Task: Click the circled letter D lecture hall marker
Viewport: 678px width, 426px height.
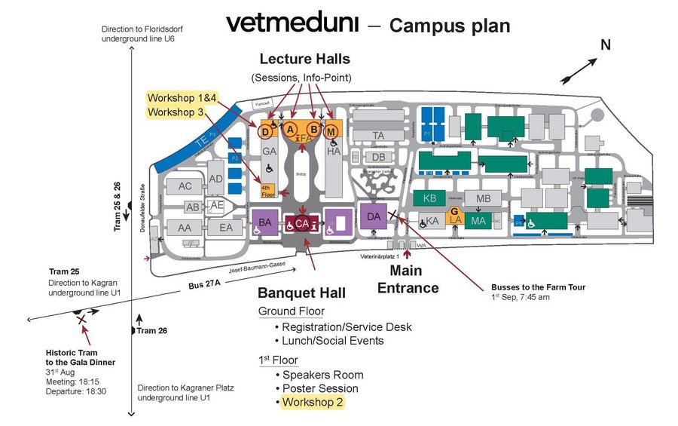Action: [x=264, y=131]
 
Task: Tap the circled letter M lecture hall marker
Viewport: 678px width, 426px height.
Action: [x=331, y=131]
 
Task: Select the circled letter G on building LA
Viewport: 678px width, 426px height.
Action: [x=455, y=211]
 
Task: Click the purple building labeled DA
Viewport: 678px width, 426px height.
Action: [x=374, y=216]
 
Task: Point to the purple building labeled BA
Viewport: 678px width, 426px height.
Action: [x=264, y=222]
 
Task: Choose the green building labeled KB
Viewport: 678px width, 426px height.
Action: [x=429, y=198]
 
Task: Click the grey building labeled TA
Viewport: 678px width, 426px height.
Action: [x=379, y=135]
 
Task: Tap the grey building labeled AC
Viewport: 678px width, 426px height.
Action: [x=185, y=186]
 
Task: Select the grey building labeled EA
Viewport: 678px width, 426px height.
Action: [x=225, y=227]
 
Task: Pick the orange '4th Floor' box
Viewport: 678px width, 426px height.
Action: [x=267, y=191]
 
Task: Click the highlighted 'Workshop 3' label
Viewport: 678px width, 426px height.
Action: [x=176, y=112]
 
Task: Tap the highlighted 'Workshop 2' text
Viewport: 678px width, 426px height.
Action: [x=313, y=403]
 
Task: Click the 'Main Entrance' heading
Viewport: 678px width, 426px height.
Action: [x=408, y=279]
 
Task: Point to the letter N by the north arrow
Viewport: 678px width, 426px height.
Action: [x=605, y=44]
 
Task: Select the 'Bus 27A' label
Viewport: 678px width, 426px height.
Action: [x=202, y=286]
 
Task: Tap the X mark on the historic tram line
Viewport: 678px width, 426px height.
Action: [x=81, y=320]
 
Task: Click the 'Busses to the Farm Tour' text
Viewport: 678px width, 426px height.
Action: [x=538, y=287]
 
